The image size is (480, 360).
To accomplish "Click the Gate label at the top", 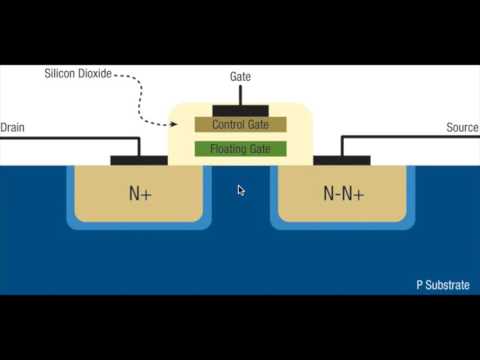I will click(x=240, y=76).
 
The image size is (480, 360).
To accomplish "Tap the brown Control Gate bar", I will click(x=240, y=125).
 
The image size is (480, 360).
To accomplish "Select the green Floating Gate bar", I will click(x=240, y=149).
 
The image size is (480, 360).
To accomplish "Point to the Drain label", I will click(x=13, y=127).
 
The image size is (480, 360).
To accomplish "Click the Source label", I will click(x=462, y=127).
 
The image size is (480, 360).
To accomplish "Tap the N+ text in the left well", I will click(x=140, y=193).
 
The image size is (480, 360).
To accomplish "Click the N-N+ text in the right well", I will click(x=342, y=193).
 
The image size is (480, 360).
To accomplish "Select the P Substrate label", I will click(x=443, y=285).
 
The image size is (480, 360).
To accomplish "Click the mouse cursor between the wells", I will click(x=240, y=189).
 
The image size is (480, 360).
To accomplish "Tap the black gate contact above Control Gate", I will click(x=240, y=108).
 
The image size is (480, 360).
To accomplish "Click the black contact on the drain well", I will click(x=138, y=159).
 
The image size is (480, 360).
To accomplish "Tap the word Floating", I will click(x=227, y=149).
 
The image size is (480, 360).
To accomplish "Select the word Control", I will click(x=228, y=125).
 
